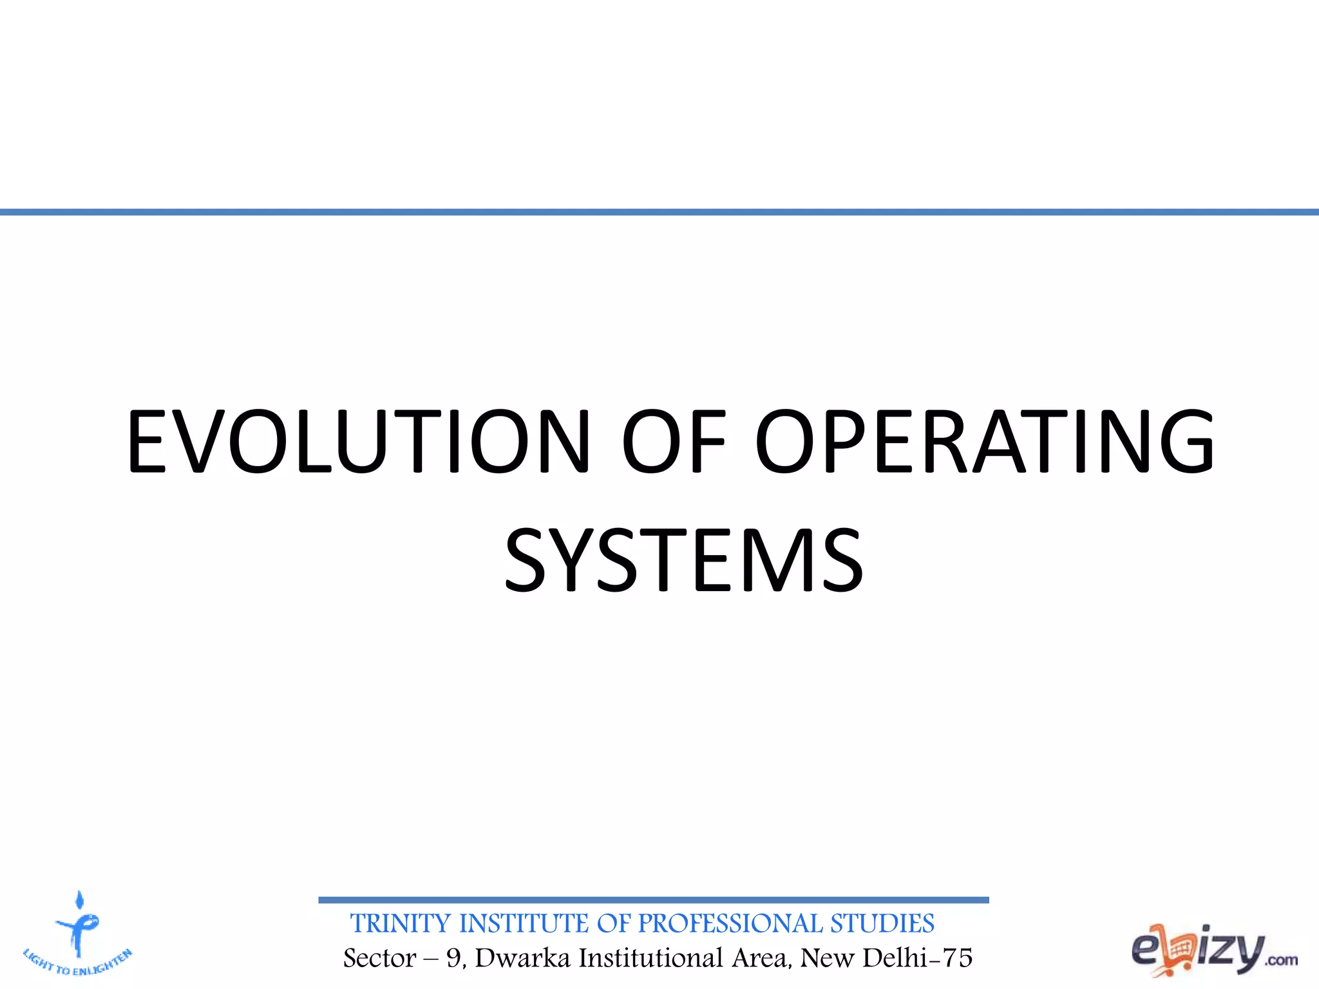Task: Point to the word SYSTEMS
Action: (x=683, y=560)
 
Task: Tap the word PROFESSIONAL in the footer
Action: (x=730, y=924)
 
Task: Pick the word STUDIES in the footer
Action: (x=882, y=924)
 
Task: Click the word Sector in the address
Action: (x=379, y=958)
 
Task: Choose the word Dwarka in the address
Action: (x=523, y=958)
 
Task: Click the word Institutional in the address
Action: (x=650, y=958)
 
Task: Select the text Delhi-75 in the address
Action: (x=917, y=958)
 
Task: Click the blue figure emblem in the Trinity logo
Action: (x=78, y=924)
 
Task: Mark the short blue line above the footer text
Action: (x=653, y=900)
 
